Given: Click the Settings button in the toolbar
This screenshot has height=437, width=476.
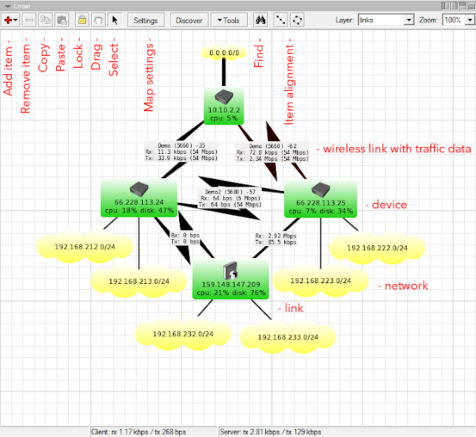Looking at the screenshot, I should click(146, 20).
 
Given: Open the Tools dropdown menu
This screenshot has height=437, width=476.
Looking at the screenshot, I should click(228, 20).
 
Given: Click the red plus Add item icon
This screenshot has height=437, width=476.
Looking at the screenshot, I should click(11, 20).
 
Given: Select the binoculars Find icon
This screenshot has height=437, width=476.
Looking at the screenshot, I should click(260, 20).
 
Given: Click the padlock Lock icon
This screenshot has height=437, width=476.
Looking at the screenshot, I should click(82, 20).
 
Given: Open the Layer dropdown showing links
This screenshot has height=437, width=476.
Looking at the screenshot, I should click(385, 20).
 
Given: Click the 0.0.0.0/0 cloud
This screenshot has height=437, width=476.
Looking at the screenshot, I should click(225, 52).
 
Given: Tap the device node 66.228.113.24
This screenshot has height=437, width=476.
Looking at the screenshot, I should click(139, 198).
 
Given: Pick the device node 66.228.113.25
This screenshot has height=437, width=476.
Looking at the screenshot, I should click(321, 199).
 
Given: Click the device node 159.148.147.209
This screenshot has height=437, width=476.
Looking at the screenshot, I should click(230, 278).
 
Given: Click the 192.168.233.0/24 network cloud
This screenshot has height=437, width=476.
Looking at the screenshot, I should click(288, 337).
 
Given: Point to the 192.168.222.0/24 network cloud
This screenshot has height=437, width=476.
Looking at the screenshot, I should click(377, 248).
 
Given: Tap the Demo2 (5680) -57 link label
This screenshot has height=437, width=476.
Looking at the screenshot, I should click(230, 190).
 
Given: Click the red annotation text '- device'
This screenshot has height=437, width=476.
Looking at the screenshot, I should click(387, 205).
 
